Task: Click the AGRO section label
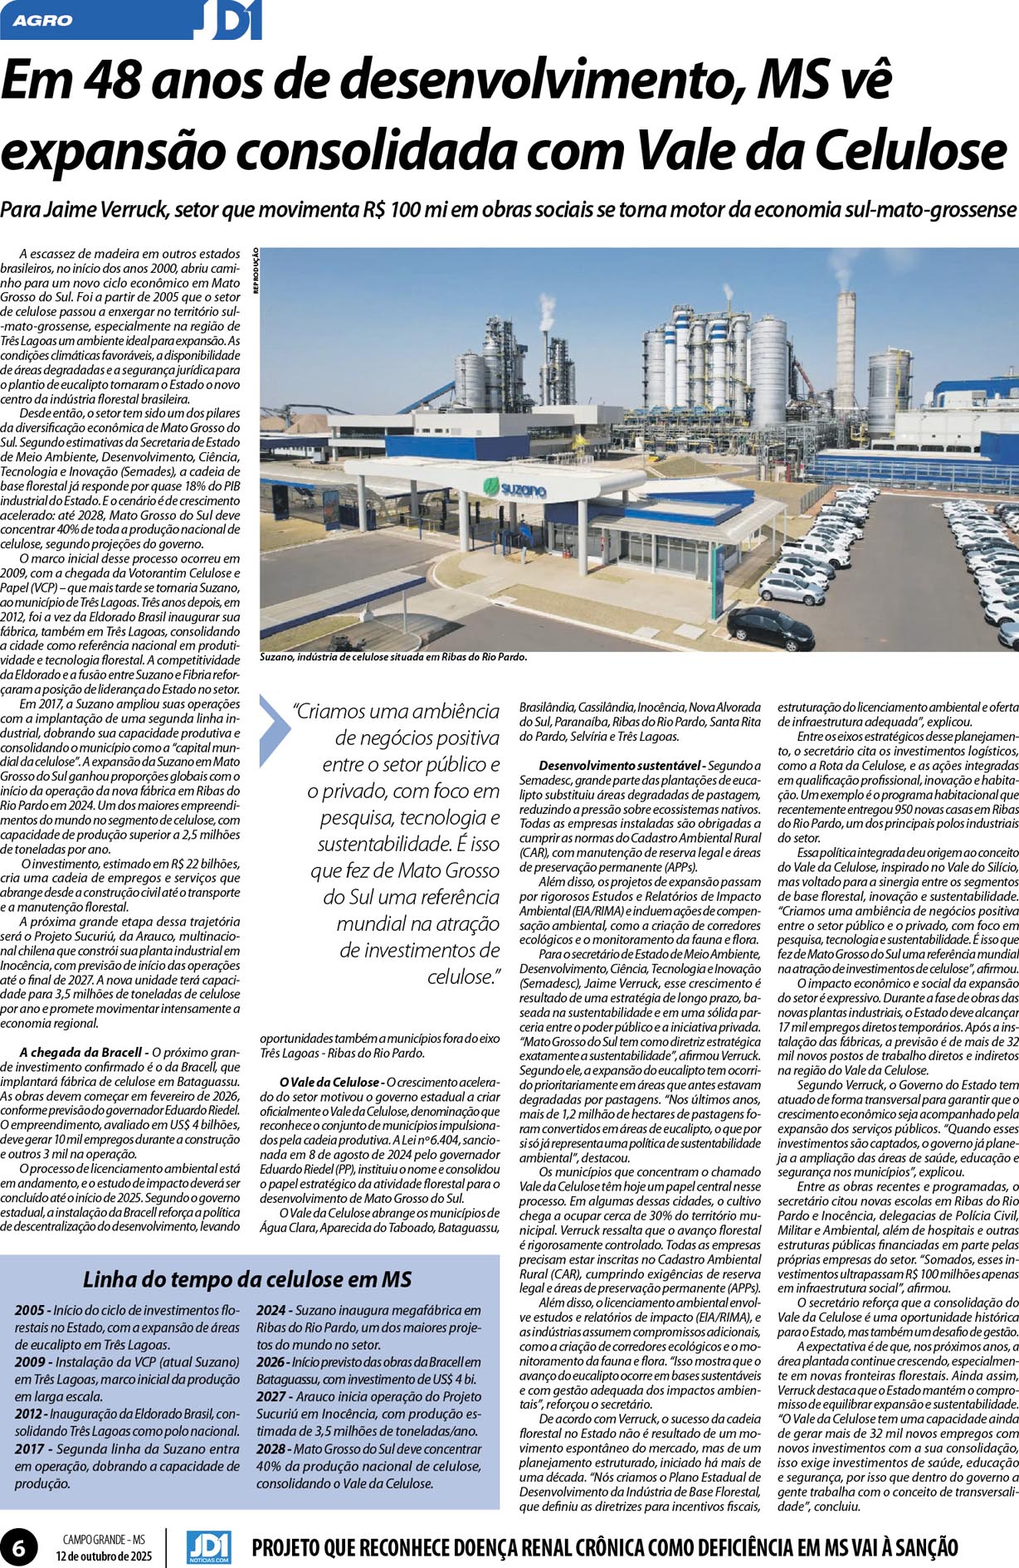click(x=43, y=20)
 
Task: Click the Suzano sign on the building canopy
click(x=514, y=490)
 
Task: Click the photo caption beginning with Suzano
click(x=392, y=656)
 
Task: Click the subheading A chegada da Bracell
click(x=83, y=1052)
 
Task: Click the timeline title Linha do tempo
click(x=247, y=1278)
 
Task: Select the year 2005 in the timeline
click(x=30, y=1310)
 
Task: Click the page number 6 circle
click(x=19, y=1541)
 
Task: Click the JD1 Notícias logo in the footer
click(x=208, y=1541)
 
